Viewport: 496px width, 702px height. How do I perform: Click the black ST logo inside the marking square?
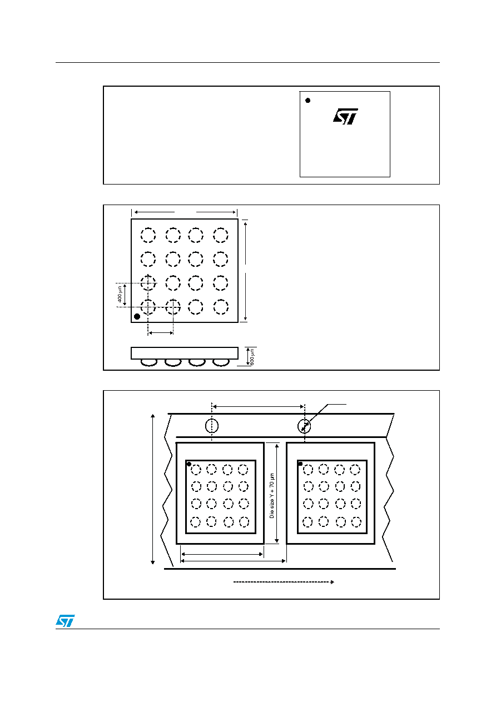coord(345,117)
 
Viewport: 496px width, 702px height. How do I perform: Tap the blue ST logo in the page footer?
coord(65,620)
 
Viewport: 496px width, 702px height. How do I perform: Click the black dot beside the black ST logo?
coord(308,100)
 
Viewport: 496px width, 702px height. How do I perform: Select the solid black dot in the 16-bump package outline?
coord(137,316)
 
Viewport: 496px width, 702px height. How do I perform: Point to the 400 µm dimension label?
coord(120,295)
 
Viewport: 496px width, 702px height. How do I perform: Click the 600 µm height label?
coord(252,357)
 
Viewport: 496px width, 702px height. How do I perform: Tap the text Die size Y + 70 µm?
coord(271,495)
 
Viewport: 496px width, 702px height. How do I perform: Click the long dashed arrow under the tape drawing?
coord(284,582)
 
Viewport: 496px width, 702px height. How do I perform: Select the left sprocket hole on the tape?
coord(212,426)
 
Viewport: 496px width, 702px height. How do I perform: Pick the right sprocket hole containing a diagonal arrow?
coord(304,426)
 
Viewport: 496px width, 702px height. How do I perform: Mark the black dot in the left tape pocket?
coord(189,464)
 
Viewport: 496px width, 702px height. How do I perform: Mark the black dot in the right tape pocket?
coord(300,464)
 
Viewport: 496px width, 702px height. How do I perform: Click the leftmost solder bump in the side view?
coord(149,362)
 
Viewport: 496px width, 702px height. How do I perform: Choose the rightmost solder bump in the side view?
coord(221,362)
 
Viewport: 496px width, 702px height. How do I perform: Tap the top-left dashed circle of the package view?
coord(148,235)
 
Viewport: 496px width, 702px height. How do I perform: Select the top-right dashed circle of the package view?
coord(220,235)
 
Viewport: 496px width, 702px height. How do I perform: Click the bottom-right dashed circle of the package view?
coord(221,307)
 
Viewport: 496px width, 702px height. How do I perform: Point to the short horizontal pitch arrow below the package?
coord(161,333)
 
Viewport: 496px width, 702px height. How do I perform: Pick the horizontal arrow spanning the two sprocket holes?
coord(259,407)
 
